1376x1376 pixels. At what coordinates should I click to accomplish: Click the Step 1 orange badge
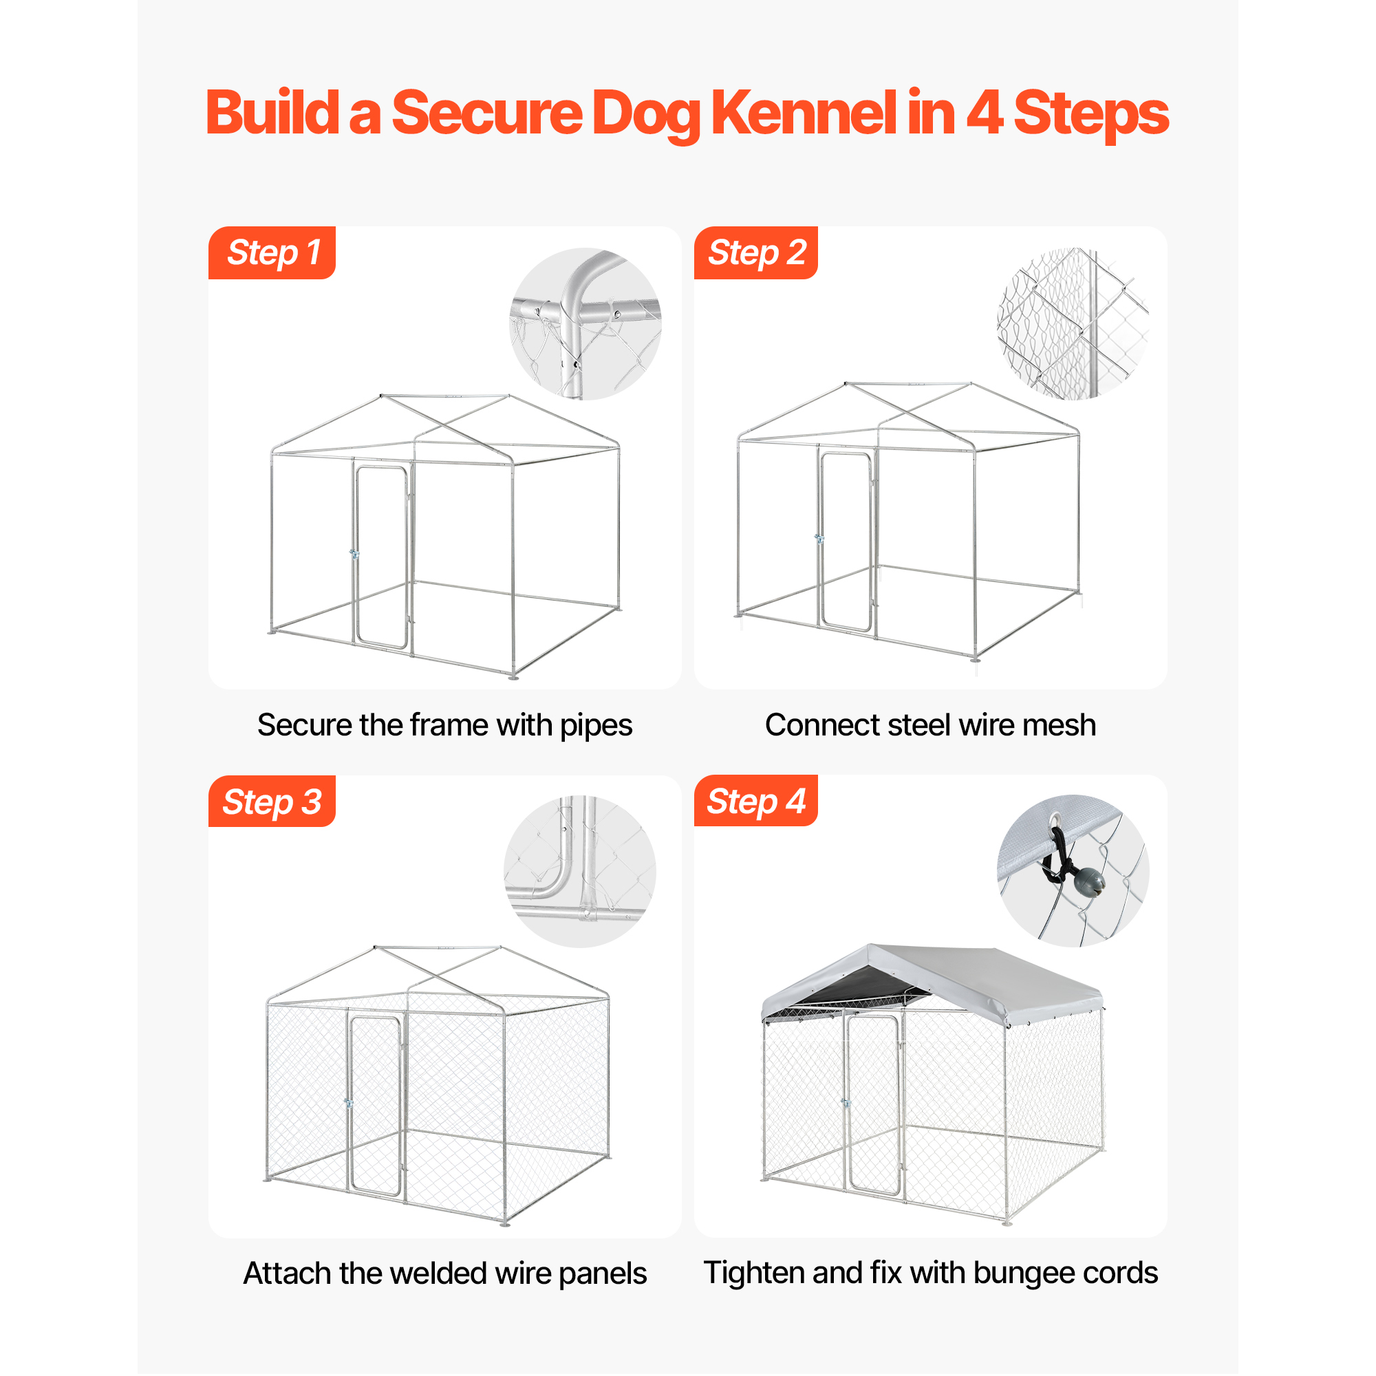[271, 252]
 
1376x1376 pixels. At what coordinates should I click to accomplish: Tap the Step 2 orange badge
[755, 252]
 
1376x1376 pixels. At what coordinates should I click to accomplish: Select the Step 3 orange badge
[271, 802]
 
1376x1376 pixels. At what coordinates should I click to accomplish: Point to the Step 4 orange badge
[755, 801]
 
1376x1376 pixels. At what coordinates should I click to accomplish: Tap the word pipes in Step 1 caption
[596, 726]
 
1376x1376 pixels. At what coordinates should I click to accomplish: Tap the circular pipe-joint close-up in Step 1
[585, 324]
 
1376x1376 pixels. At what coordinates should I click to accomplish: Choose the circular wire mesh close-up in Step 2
[1073, 324]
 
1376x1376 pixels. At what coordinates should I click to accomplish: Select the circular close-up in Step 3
[580, 872]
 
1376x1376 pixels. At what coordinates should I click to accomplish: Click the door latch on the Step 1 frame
[354, 553]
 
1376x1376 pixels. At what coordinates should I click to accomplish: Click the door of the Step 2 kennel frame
[846, 541]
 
